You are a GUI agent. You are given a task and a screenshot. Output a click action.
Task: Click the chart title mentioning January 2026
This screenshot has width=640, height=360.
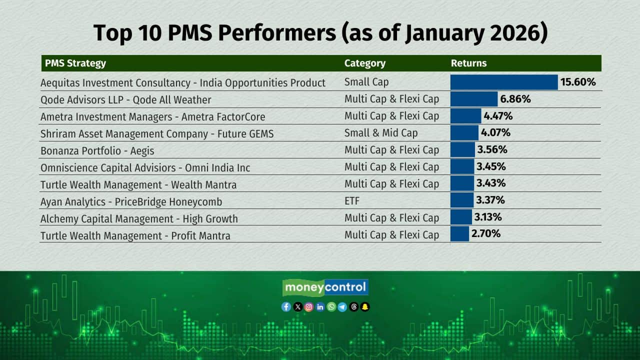click(320, 33)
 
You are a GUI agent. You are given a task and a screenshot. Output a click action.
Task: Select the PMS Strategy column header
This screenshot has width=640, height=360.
click(75, 63)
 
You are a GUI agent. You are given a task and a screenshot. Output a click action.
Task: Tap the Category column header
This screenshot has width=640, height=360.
click(365, 63)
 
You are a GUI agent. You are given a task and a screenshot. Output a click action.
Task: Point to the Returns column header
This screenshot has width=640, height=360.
click(468, 63)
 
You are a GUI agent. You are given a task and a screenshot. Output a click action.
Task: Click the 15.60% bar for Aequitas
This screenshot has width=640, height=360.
click(504, 82)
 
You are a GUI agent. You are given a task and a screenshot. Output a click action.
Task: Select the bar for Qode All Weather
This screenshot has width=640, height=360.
click(474, 99)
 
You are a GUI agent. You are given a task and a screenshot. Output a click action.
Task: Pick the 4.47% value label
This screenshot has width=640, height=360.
click(498, 116)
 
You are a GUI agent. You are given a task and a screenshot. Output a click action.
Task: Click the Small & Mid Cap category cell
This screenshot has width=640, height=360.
click(381, 133)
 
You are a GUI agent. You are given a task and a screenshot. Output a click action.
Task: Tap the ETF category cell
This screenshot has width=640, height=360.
click(352, 201)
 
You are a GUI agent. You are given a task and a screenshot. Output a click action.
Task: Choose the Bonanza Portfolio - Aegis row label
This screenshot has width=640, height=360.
click(97, 150)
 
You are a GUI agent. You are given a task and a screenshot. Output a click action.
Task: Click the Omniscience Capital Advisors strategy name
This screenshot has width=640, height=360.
click(145, 167)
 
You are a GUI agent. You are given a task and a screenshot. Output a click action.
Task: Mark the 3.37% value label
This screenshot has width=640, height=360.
click(490, 200)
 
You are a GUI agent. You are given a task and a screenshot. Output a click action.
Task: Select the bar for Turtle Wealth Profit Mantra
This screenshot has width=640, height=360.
click(459, 233)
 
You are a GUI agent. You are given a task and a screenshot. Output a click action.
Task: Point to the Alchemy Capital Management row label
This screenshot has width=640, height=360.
click(139, 218)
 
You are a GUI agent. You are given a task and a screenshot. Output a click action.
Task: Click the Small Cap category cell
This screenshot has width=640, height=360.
click(366, 82)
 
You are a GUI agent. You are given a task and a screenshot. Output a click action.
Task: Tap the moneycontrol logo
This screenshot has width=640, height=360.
click(325, 287)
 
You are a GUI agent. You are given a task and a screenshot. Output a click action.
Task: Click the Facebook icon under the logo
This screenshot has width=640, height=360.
click(286, 307)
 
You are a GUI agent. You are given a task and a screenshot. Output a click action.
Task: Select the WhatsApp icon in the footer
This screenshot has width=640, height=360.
click(331, 307)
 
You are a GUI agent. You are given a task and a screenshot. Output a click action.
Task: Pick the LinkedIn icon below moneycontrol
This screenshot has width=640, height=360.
click(320, 307)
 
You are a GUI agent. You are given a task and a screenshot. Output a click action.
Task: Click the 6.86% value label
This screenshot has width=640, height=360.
click(515, 99)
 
